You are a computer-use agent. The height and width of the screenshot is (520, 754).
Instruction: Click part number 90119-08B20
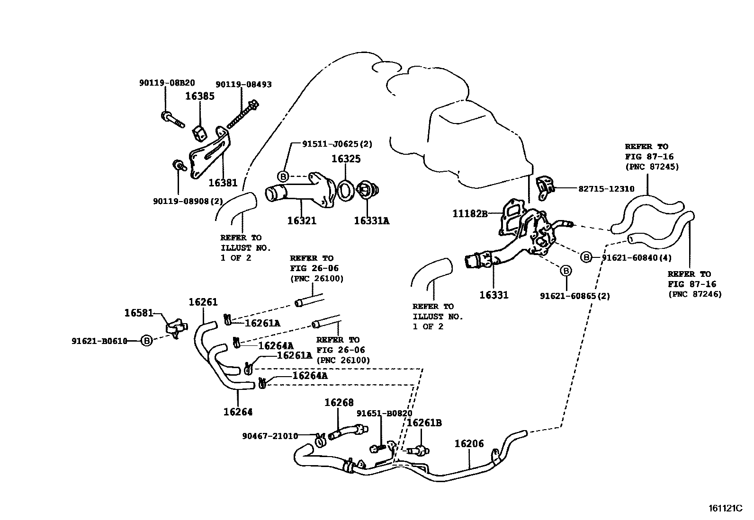tap(167, 83)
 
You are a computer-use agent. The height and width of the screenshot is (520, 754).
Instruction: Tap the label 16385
tap(200, 96)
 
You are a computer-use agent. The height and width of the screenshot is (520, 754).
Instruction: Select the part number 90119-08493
tap(244, 84)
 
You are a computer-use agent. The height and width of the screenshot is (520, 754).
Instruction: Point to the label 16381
tap(223, 183)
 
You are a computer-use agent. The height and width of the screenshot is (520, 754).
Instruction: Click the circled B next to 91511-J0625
tap(283, 176)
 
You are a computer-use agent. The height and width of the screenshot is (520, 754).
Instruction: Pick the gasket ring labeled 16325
tap(345, 191)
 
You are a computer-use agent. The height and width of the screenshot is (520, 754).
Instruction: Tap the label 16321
tap(302, 220)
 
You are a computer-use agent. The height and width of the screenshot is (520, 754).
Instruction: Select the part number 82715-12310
tap(606, 189)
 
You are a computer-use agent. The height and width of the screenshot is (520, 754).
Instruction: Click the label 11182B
tap(470, 213)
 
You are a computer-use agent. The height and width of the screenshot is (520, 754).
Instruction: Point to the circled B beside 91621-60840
tap(586, 257)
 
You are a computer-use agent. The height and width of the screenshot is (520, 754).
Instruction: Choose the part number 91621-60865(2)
tap(575, 296)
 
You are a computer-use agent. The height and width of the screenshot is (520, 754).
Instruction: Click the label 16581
tap(139, 313)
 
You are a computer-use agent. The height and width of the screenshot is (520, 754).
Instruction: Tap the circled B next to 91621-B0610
tap(147, 341)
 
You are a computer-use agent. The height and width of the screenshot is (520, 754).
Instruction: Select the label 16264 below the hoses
tap(238, 412)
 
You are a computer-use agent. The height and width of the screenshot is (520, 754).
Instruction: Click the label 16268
tap(339, 403)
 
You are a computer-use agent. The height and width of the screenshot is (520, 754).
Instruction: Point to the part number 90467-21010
tap(270, 436)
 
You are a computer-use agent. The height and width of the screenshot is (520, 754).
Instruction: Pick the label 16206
tap(469, 444)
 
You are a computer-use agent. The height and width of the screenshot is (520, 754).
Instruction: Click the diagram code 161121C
tap(726, 508)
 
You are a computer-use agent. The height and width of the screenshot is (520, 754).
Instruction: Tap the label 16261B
tap(424, 423)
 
